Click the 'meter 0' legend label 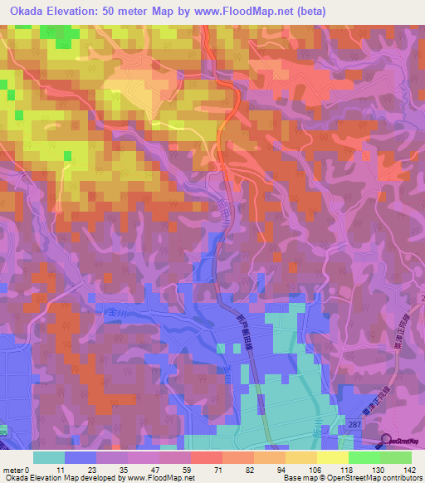16,469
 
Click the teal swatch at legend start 49,457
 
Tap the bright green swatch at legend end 395,457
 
